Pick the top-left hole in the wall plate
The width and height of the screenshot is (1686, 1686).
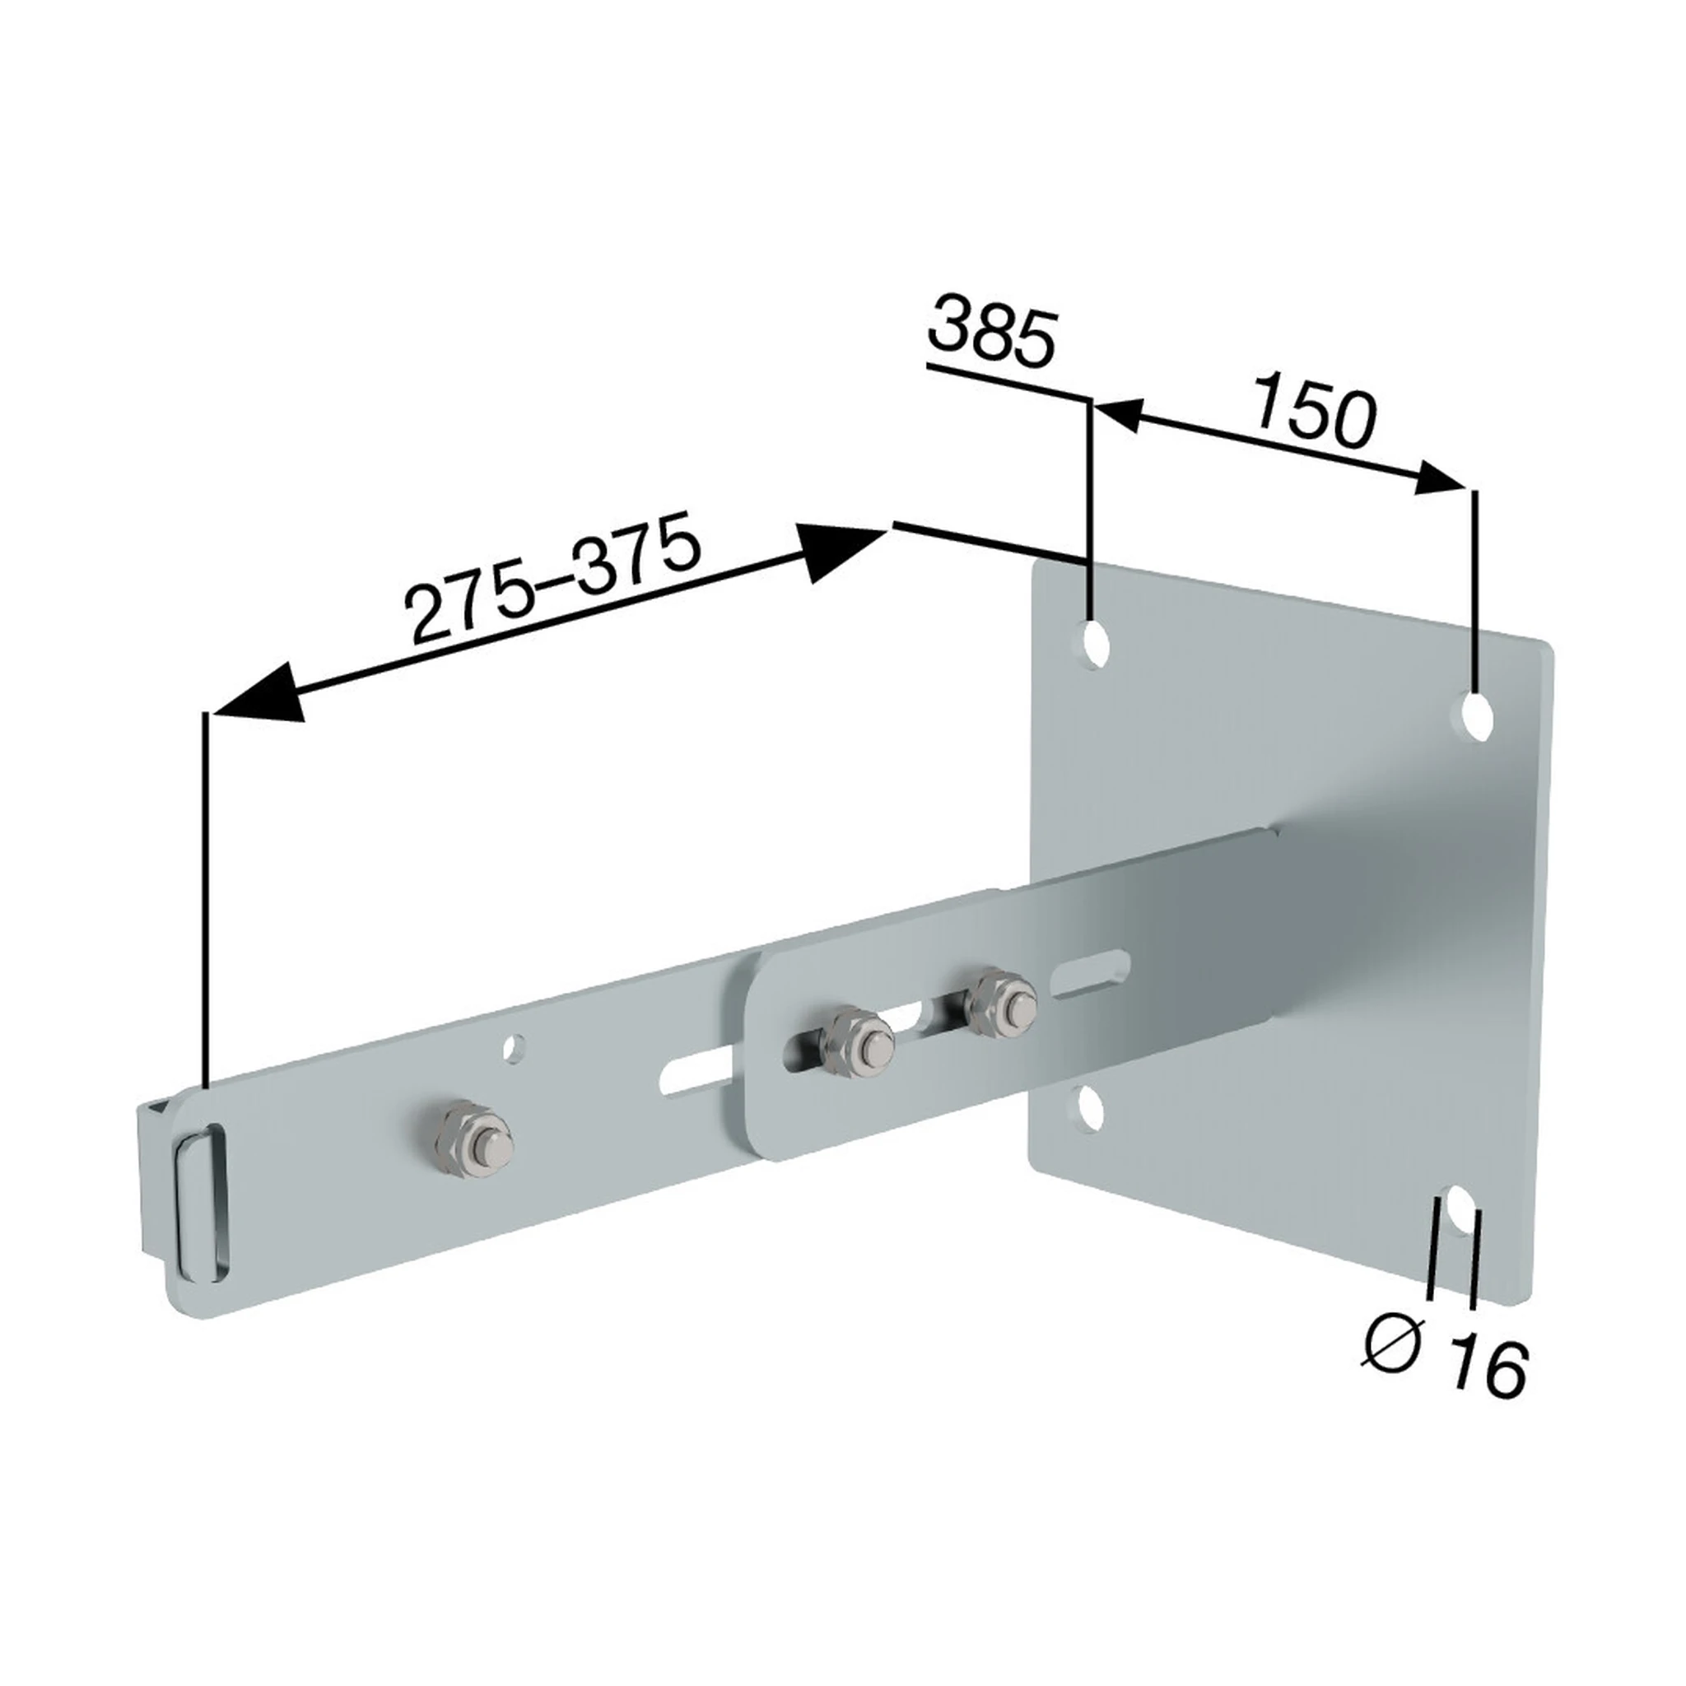click(1094, 645)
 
